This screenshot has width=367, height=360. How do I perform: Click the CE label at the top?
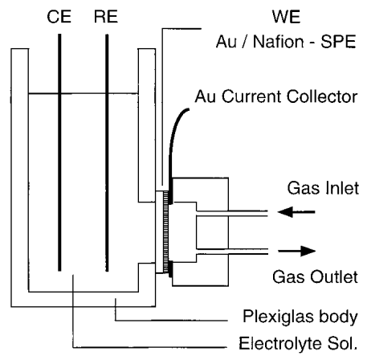tap(59, 17)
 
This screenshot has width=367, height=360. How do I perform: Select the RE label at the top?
tap(106, 17)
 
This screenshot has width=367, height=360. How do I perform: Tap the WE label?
tap(286, 17)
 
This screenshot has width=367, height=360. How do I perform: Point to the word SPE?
tap(338, 42)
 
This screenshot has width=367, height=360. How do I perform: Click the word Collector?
tap(322, 96)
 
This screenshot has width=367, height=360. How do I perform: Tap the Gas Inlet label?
tap(323, 188)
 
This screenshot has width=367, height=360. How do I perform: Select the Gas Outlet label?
tap(315, 276)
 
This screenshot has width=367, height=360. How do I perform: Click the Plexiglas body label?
tap(300, 317)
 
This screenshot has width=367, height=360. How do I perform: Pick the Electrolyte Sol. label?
tap(298, 343)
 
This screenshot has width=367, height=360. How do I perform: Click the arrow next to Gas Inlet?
tap(296, 212)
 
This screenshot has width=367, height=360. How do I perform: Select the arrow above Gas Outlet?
tap(297, 251)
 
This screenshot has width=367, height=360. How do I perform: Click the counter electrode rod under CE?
tap(59, 153)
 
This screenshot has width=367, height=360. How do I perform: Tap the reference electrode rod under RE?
tap(107, 153)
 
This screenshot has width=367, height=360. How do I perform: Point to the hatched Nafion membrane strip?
tap(166, 232)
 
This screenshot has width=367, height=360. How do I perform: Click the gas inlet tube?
tap(232, 213)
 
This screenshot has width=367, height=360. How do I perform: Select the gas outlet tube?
tap(232, 252)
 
